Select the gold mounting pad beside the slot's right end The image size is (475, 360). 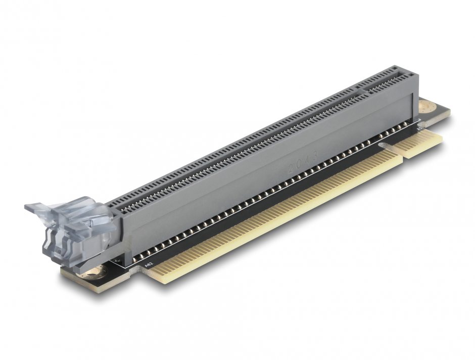pyautogui.click(x=426, y=107)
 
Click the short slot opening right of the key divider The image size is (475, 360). pyautogui.click(x=384, y=80)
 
